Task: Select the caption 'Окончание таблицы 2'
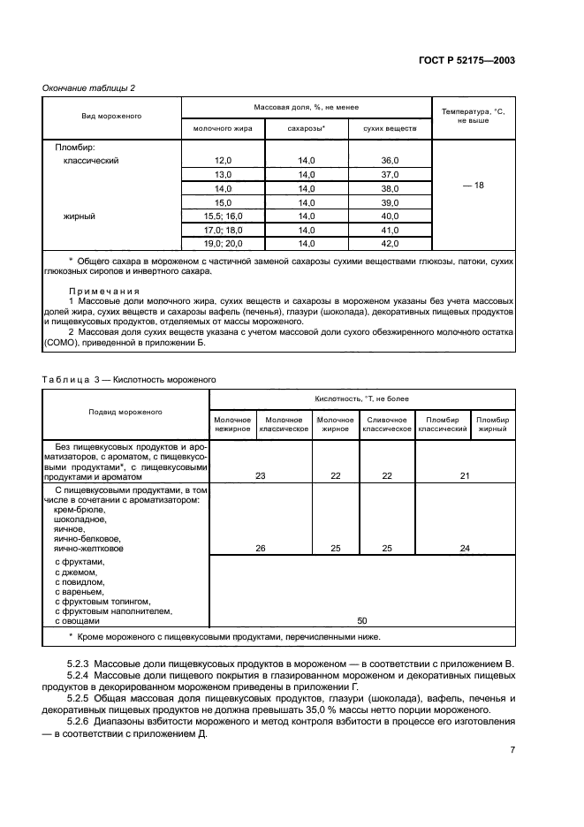88,87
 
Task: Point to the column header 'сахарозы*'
307,129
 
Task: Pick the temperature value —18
473,186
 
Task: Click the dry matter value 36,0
390,161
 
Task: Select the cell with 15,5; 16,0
223,216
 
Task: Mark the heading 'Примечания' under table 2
104,291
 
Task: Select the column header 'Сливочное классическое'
386,424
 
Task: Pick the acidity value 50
361,621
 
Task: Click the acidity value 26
261,548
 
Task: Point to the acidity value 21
465,475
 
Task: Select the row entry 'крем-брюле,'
80,510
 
